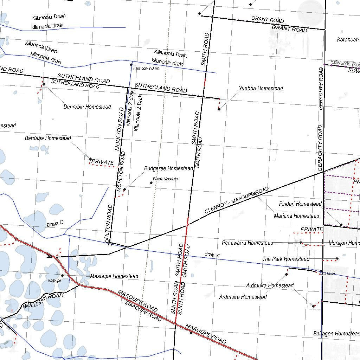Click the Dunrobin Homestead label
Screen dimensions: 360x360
point(87,107)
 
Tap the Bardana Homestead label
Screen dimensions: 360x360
point(48,139)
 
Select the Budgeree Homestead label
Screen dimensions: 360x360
point(169,168)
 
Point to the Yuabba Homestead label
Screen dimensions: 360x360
point(261,89)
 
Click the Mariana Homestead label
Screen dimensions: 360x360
point(297,216)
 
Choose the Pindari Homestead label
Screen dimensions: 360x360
point(300,204)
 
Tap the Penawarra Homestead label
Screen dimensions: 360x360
point(247,243)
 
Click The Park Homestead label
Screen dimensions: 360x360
point(286,259)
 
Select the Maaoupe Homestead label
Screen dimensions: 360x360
point(114,276)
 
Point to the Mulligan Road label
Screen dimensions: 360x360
point(43,301)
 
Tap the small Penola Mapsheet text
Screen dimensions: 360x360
point(166,179)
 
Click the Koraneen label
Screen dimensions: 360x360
point(348,40)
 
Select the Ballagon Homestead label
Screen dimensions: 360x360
point(336,333)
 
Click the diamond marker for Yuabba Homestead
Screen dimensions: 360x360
point(219,109)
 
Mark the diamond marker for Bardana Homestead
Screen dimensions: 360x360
point(90,159)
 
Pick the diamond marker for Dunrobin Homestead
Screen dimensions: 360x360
point(44,84)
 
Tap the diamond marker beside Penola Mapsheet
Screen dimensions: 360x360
point(151,182)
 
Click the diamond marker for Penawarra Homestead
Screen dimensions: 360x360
point(301,242)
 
